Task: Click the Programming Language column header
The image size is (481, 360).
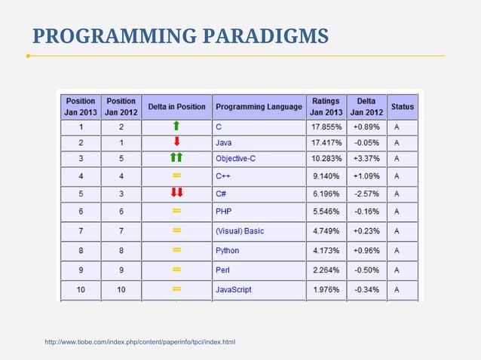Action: (x=259, y=107)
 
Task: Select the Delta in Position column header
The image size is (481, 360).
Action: (x=176, y=107)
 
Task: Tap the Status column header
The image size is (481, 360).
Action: (x=402, y=107)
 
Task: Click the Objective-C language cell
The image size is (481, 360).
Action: (x=236, y=158)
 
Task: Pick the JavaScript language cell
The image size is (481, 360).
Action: (x=233, y=289)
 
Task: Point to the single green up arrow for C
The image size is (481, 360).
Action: (x=176, y=126)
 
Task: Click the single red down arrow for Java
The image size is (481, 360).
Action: (x=176, y=142)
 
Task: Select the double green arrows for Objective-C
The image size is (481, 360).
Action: (x=176, y=158)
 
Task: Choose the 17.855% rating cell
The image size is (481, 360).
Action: (x=326, y=126)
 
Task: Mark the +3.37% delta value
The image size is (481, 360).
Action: (x=366, y=158)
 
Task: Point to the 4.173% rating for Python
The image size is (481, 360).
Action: (x=326, y=250)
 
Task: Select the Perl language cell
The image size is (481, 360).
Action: (x=222, y=270)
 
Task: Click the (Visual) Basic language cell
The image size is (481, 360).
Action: (x=239, y=231)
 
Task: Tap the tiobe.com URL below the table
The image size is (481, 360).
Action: (x=140, y=343)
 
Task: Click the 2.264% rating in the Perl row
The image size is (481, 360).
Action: (x=326, y=270)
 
